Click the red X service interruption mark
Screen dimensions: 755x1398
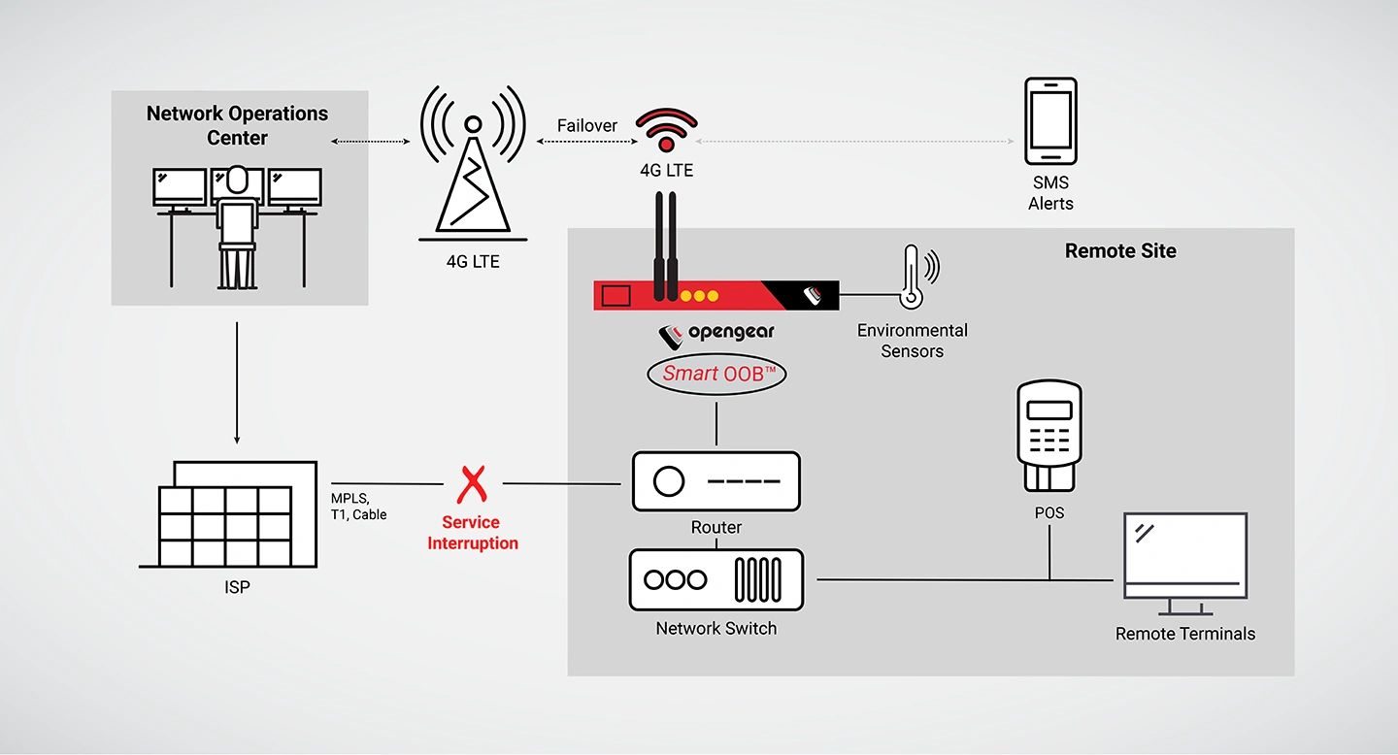pos(473,483)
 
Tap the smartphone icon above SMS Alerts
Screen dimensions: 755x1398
pos(1050,122)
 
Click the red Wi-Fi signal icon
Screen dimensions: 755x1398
pos(666,130)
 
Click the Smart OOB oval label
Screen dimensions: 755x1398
pos(716,374)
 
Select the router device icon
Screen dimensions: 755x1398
pos(716,481)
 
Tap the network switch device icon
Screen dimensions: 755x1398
pos(716,579)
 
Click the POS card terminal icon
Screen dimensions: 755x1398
pos(1048,437)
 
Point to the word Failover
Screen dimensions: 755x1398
pos(586,126)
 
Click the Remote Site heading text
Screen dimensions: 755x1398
pos(1120,251)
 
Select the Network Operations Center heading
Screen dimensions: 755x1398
pos(237,125)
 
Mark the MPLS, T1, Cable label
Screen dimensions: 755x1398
pos(358,507)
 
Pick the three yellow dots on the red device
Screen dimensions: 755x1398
pos(699,295)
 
